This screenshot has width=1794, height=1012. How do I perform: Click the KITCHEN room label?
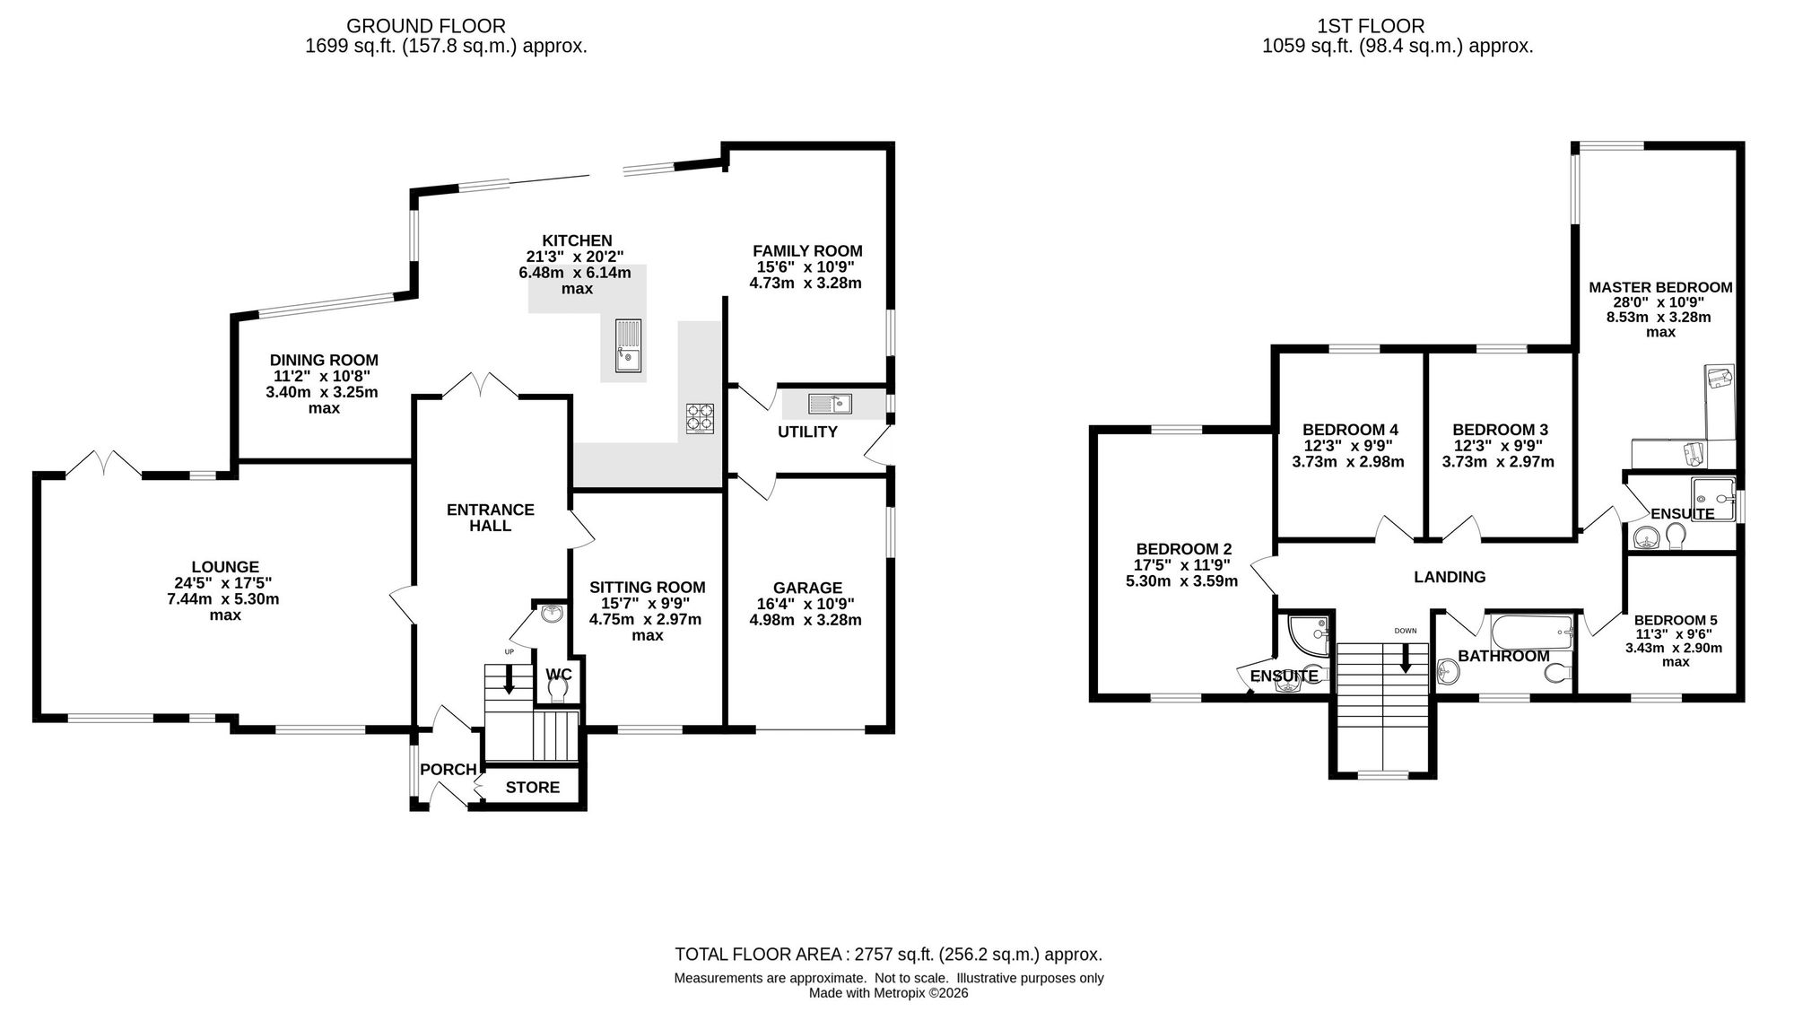[x=577, y=240]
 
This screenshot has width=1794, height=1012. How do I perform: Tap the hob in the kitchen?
[x=701, y=419]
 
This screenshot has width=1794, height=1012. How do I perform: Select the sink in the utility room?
[x=830, y=404]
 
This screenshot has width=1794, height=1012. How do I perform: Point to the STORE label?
[x=532, y=788]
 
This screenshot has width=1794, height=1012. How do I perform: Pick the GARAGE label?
[x=807, y=589]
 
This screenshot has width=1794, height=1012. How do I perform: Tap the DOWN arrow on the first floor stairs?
[x=1405, y=659]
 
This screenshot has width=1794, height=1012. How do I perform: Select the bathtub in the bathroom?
[x=1531, y=633]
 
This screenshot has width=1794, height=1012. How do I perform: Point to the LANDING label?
[x=1450, y=577]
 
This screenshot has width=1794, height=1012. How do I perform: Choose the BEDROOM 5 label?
[x=1676, y=620]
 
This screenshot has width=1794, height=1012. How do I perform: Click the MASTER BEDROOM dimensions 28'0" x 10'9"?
[x=1660, y=302]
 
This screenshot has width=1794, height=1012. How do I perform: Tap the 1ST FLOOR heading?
[x=1398, y=27]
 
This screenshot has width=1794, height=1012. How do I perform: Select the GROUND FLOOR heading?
[x=426, y=27]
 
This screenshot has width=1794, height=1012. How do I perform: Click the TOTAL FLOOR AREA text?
[x=888, y=955]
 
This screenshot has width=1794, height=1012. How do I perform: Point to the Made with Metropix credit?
[x=888, y=993]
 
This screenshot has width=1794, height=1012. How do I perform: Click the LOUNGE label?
[x=225, y=567]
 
